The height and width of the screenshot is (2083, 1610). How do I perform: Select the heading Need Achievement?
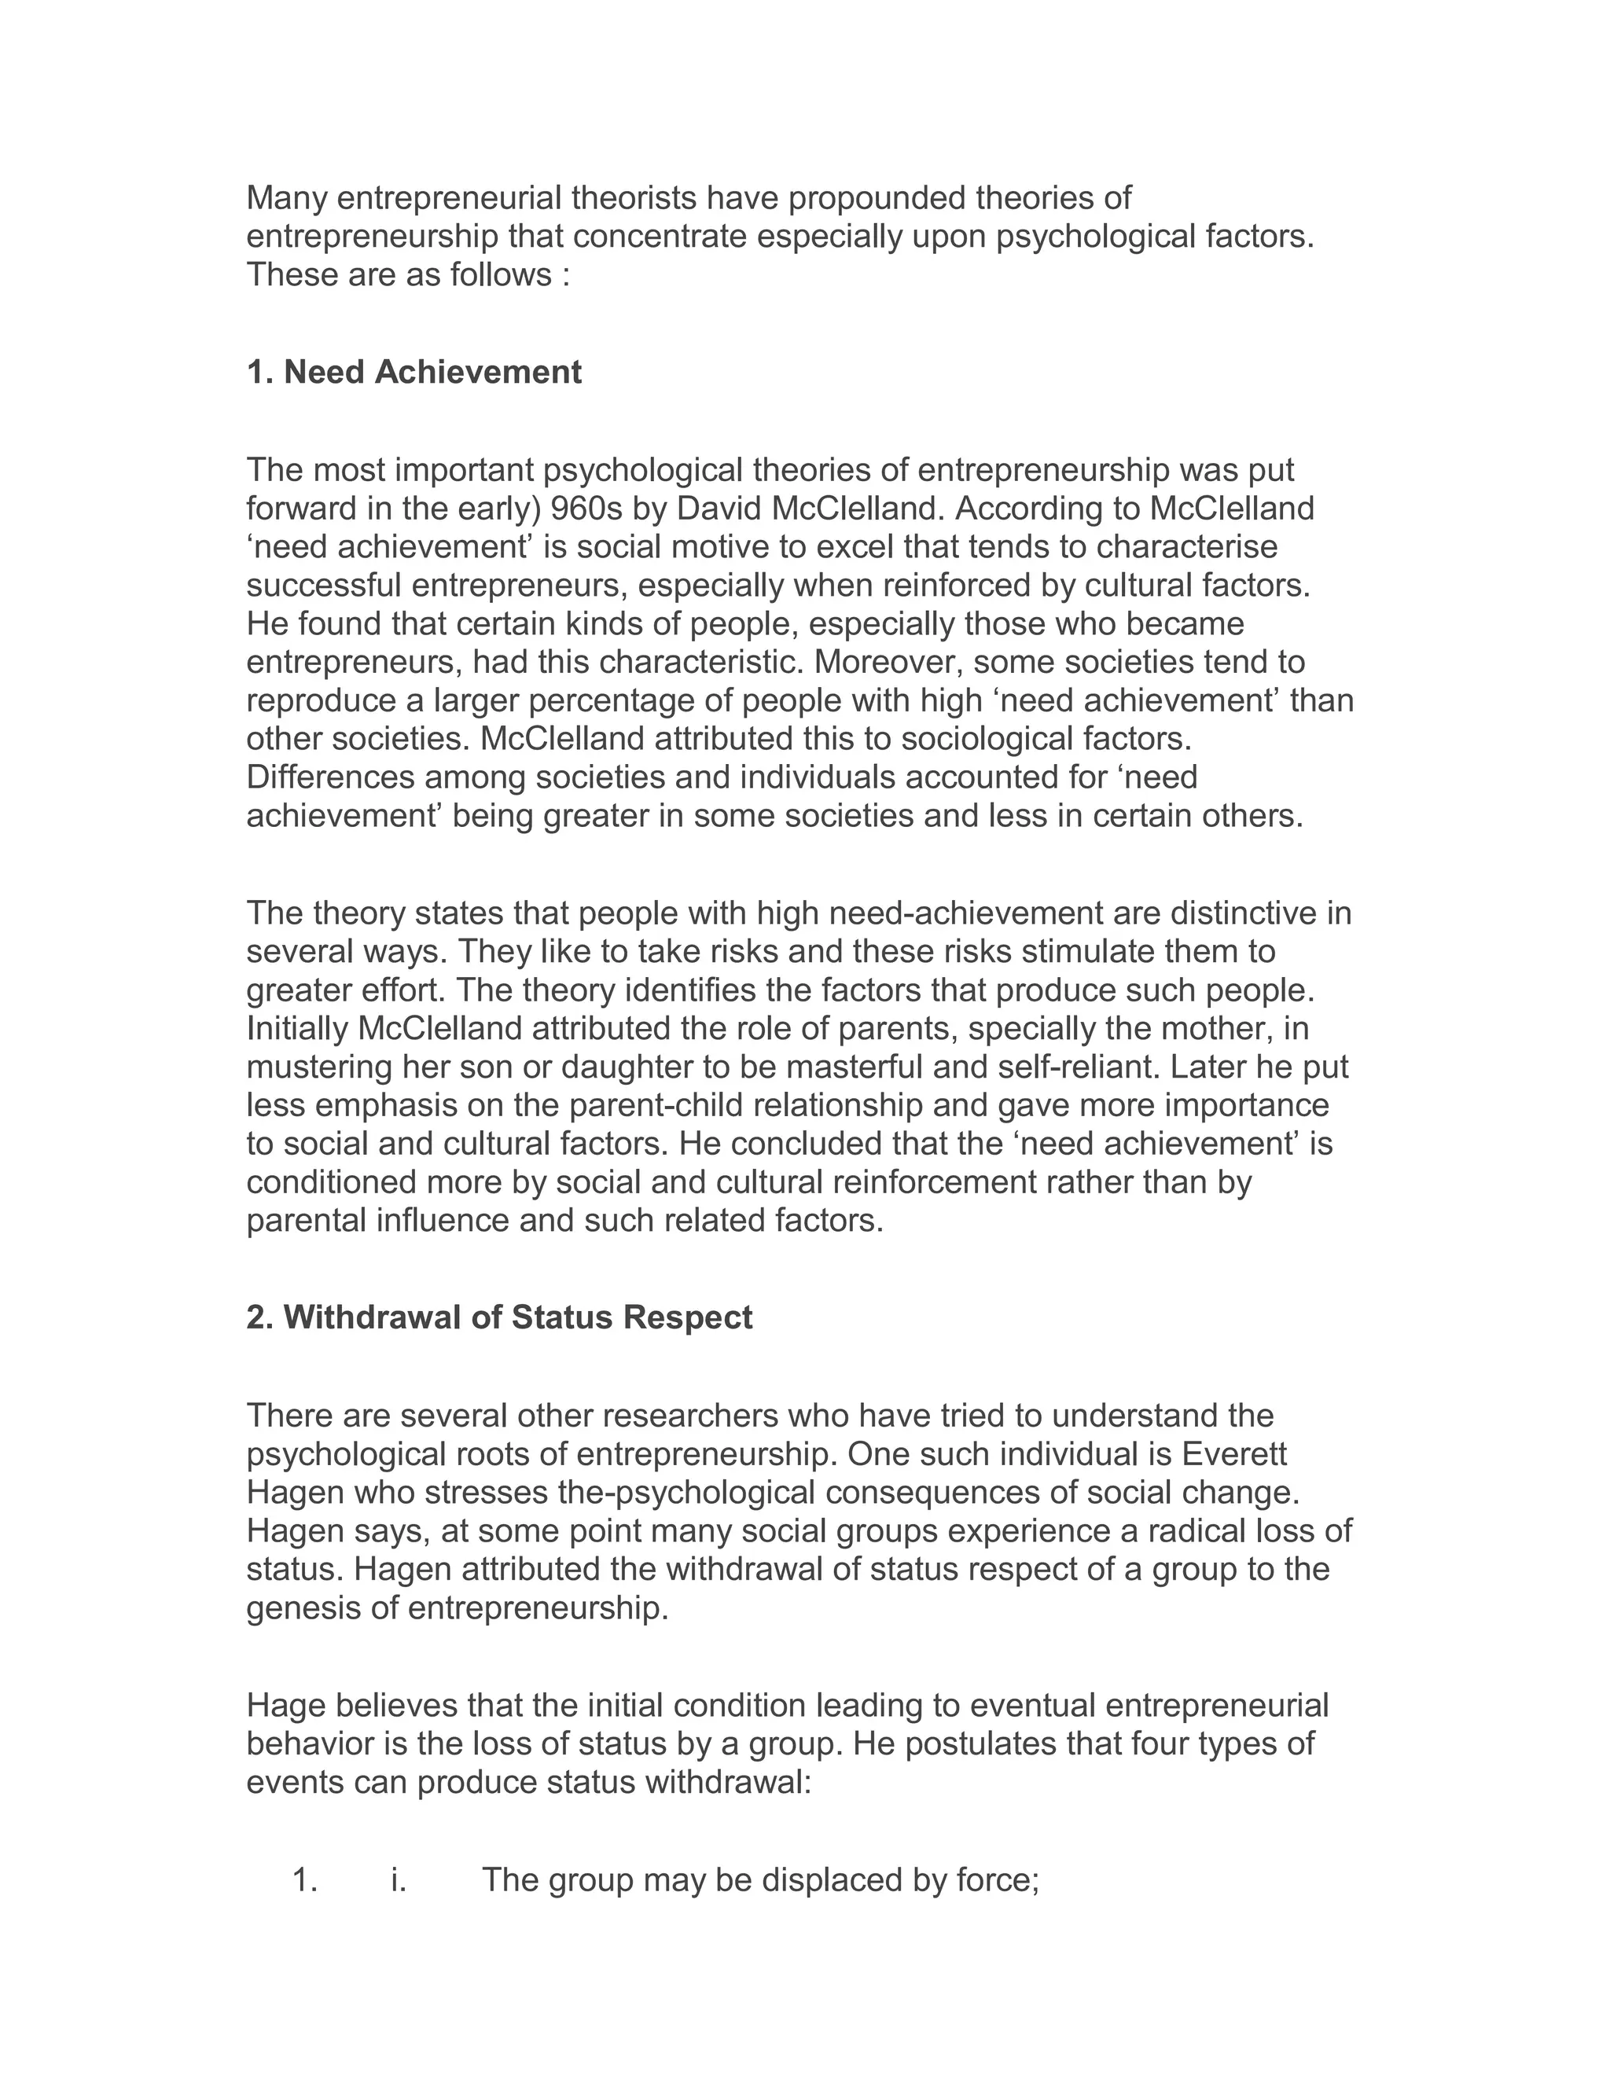pos(414,372)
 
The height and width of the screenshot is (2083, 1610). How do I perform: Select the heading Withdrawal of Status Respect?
pos(500,1317)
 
